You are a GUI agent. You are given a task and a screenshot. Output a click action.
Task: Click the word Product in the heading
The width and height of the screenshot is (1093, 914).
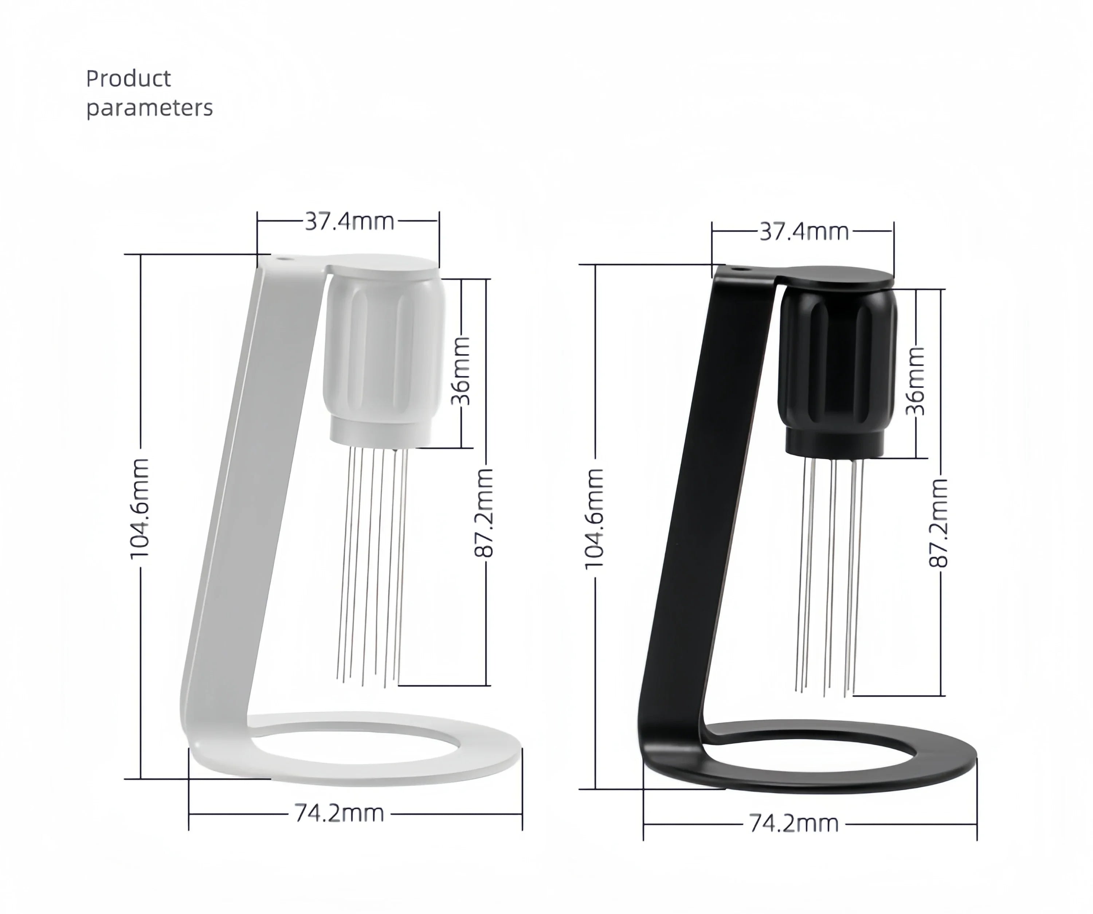coord(129,79)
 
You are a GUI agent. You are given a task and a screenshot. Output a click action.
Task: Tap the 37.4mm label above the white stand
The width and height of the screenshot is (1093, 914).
coord(350,221)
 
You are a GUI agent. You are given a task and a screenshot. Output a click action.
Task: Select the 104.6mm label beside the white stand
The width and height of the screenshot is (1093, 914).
coord(140,508)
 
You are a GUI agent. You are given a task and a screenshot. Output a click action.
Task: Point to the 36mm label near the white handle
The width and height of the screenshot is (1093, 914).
coord(461,371)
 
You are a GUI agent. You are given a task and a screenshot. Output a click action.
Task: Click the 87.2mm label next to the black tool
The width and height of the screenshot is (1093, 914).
coord(939,523)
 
